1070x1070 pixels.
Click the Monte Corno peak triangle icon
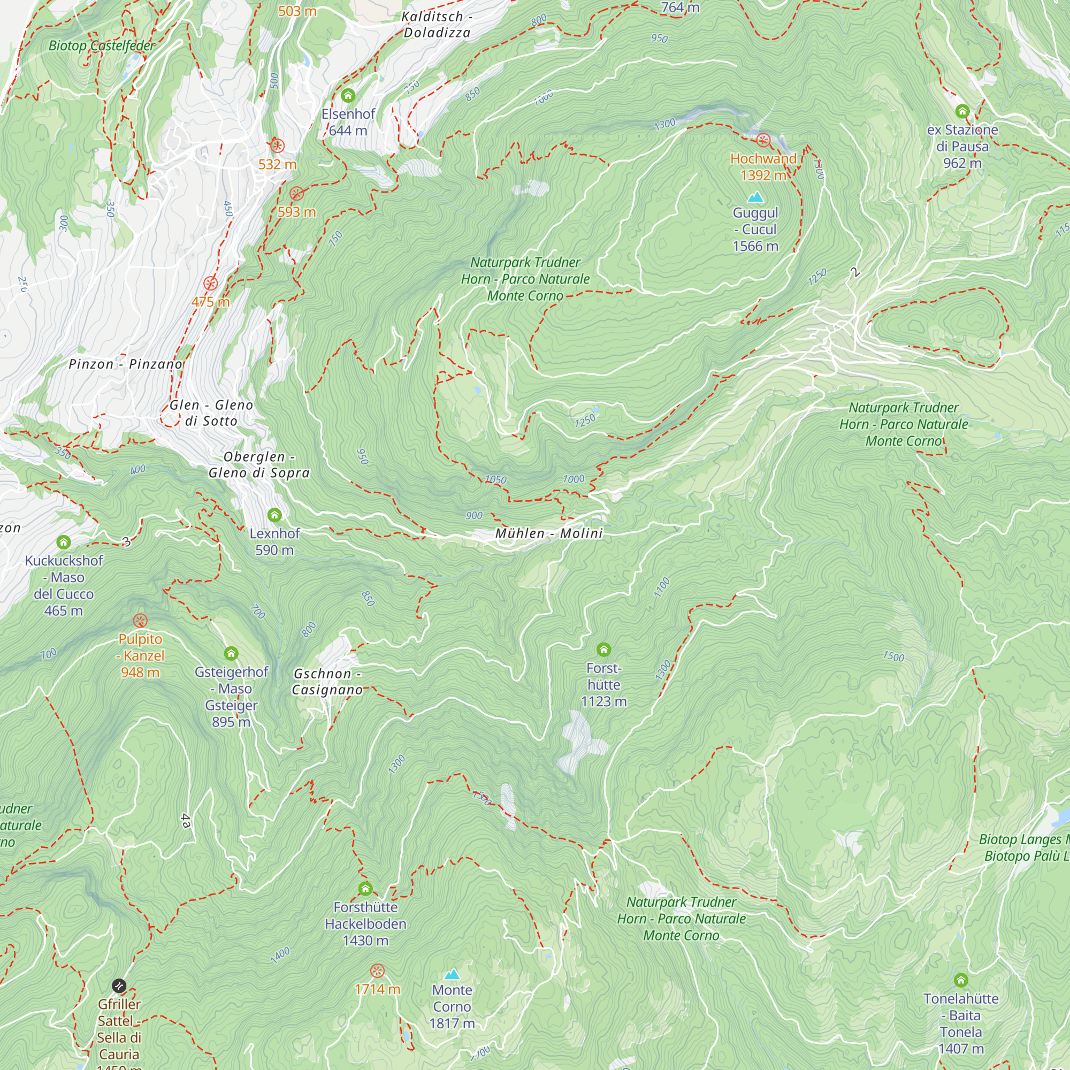click(x=452, y=974)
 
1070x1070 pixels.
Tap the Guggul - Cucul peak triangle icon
click(x=755, y=197)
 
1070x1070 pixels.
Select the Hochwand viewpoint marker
click(x=763, y=141)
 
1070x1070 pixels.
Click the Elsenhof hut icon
click(x=348, y=96)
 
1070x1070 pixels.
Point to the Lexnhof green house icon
click(x=274, y=516)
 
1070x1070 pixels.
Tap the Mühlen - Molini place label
click(x=548, y=533)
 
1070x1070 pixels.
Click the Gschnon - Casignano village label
click(x=327, y=682)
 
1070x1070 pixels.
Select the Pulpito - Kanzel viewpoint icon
click(x=140, y=621)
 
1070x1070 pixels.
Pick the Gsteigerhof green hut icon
click(x=231, y=654)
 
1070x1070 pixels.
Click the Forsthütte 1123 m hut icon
click(x=603, y=649)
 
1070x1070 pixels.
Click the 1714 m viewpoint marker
click(x=377, y=971)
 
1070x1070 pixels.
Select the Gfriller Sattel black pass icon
click(x=119, y=986)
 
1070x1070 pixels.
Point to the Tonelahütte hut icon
click(x=961, y=981)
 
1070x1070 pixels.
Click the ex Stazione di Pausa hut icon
click(x=962, y=111)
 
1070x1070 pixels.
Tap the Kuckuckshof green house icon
click(x=64, y=542)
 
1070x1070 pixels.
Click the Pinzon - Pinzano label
click(x=125, y=364)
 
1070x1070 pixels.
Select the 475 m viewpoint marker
click(x=210, y=284)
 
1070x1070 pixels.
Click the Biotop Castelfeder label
click(x=102, y=46)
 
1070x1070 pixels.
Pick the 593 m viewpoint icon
click(x=297, y=194)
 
